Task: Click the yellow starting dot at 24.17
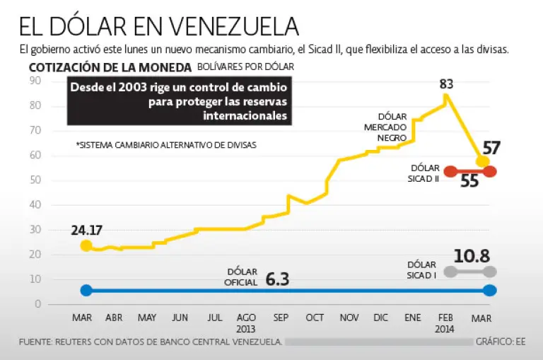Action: click(x=86, y=245)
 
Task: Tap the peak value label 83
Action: click(x=446, y=84)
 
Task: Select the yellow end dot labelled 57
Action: click(x=483, y=161)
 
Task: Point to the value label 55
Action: click(x=469, y=180)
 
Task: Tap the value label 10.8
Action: click(x=473, y=256)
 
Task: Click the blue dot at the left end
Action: click(x=86, y=290)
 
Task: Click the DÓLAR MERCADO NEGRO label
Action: click(x=391, y=127)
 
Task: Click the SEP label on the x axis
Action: click(x=281, y=318)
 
